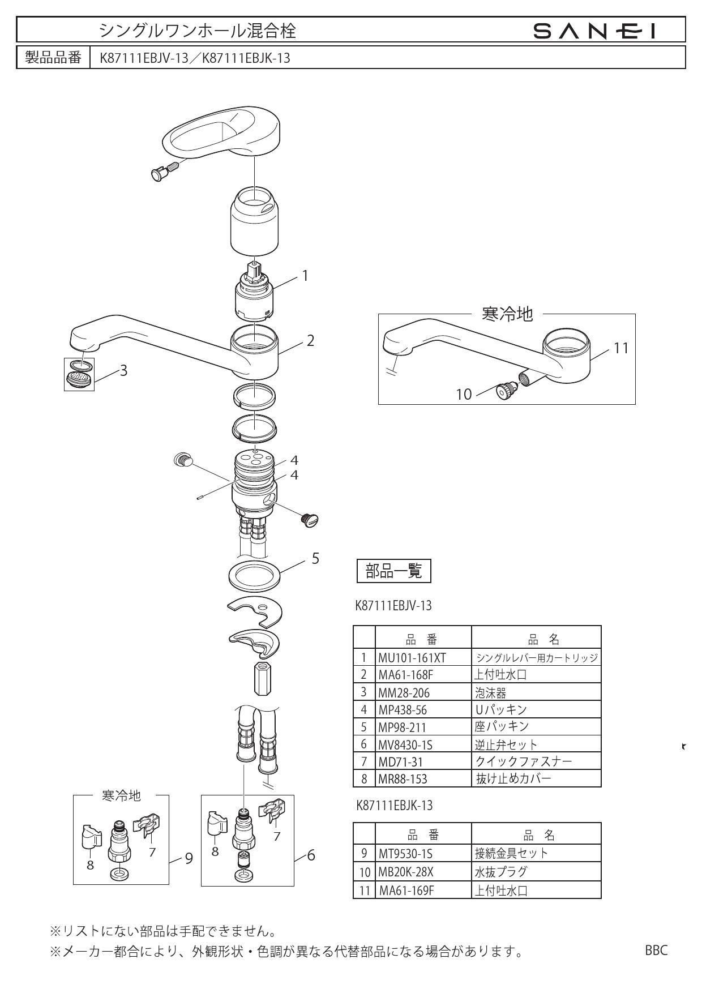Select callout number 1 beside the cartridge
(x=305, y=276)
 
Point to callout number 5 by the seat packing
(x=316, y=559)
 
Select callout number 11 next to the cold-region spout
(x=621, y=348)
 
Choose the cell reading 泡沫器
(x=490, y=692)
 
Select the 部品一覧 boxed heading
(x=394, y=572)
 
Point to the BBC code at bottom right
(x=656, y=949)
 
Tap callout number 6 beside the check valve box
(x=311, y=855)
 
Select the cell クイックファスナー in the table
(x=523, y=761)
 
